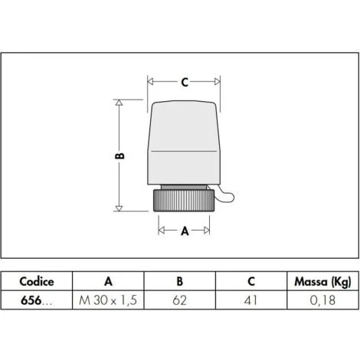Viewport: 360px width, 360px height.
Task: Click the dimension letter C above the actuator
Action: (x=185, y=82)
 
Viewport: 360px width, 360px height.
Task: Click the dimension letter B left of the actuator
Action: (x=119, y=155)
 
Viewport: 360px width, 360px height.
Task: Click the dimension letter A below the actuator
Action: (x=185, y=231)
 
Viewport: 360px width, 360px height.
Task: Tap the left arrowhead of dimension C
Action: (x=150, y=82)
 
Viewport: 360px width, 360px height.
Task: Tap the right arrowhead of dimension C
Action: (x=218, y=82)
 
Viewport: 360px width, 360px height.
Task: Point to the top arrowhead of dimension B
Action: (x=119, y=103)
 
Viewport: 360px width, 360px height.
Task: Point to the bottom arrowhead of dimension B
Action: (x=119, y=208)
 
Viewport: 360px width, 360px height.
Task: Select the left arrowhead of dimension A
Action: (x=161, y=231)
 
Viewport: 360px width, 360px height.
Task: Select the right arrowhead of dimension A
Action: (x=207, y=231)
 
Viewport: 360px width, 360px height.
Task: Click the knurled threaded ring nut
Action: (x=184, y=201)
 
